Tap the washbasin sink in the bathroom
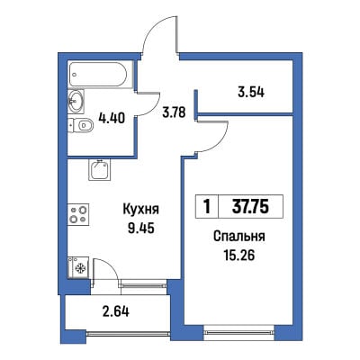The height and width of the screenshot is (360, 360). click(76, 101)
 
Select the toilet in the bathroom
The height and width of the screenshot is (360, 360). click(81, 126)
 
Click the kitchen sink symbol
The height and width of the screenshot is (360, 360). click(99, 169)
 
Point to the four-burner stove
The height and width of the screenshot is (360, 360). click(78, 214)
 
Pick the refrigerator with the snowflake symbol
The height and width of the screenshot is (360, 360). click(78, 267)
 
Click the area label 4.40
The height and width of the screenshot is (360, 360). click(112, 118)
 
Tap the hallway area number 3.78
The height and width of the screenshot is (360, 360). click(175, 113)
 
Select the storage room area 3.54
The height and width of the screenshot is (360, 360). click(251, 93)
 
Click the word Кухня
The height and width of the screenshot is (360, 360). click(140, 210)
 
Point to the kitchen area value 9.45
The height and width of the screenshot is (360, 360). click(140, 229)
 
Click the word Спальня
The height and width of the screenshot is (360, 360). click(239, 237)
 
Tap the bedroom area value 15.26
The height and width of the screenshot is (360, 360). click(239, 256)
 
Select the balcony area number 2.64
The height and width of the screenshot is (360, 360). click(116, 311)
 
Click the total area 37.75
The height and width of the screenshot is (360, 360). click(250, 207)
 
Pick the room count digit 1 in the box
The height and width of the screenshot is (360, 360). click(207, 207)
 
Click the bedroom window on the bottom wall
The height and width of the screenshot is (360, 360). click(239, 332)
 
